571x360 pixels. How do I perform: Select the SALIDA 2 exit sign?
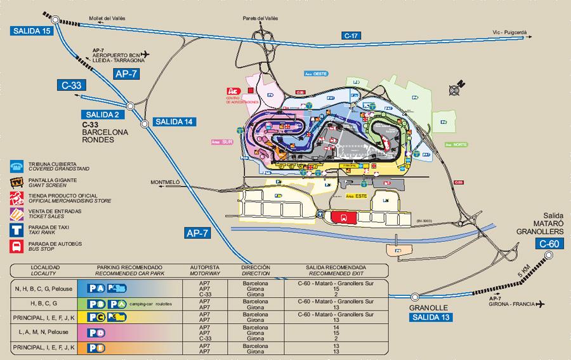point(99,114)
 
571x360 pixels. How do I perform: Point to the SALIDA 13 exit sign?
point(431,317)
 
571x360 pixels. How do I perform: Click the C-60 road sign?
point(548,244)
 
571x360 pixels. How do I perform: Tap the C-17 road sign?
point(351,36)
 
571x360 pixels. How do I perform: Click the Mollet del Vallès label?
point(107,18)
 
